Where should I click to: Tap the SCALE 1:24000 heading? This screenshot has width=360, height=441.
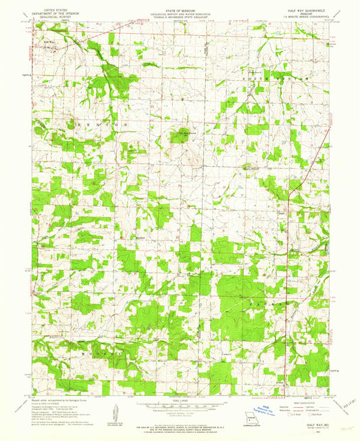[180, 400]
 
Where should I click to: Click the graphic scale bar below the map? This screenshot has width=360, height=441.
[180, 407]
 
